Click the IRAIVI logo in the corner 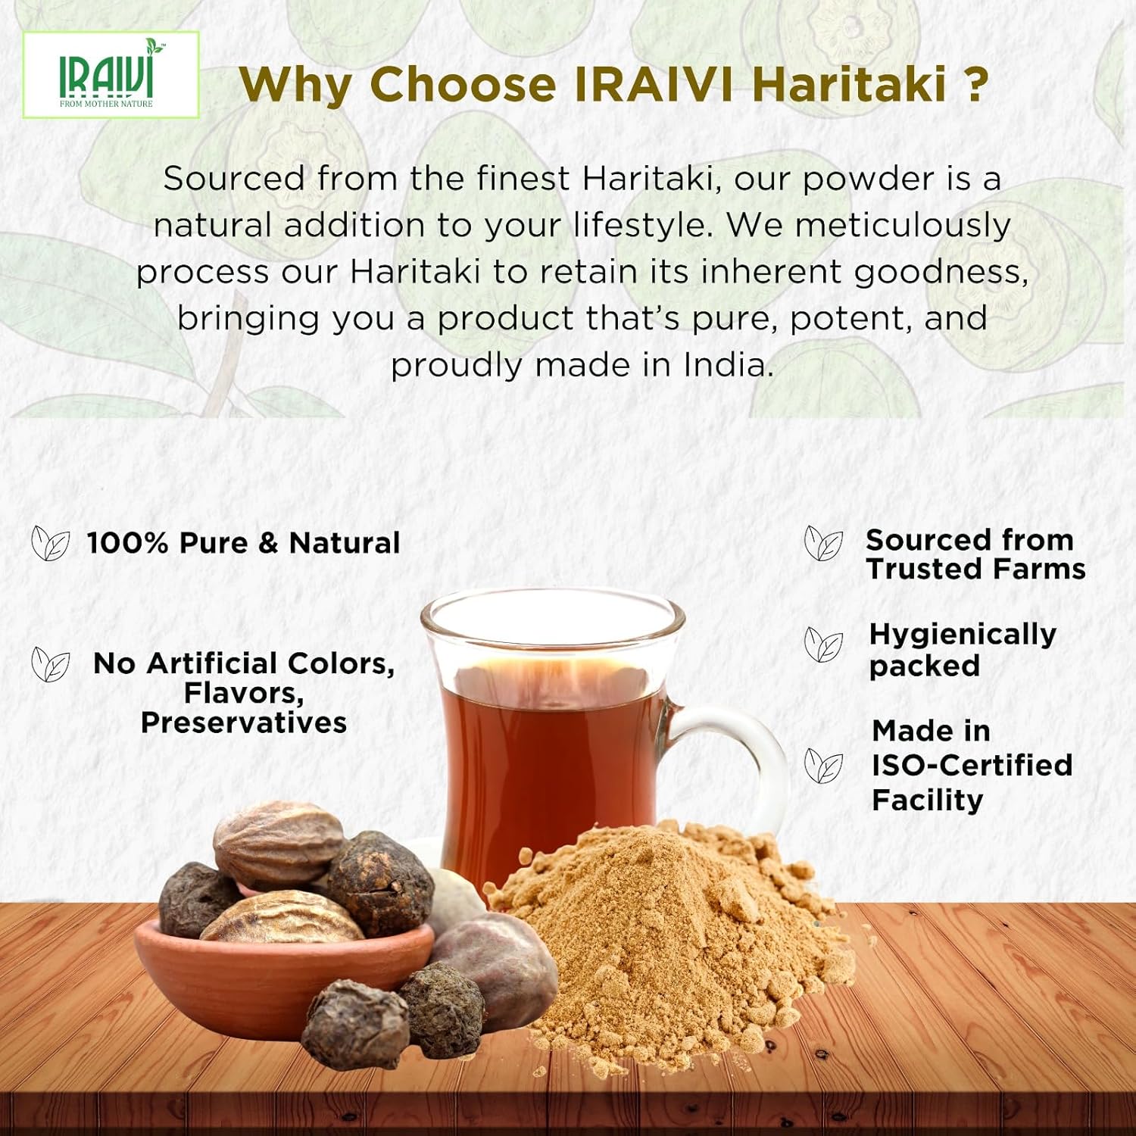111,75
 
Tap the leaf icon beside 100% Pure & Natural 51,544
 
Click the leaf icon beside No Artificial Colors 51,664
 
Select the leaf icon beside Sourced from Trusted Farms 823,543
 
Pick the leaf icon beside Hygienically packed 823,644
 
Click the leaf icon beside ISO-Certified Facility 823,766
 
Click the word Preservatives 244,722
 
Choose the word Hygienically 962,635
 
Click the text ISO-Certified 972,765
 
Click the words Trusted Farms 975,569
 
